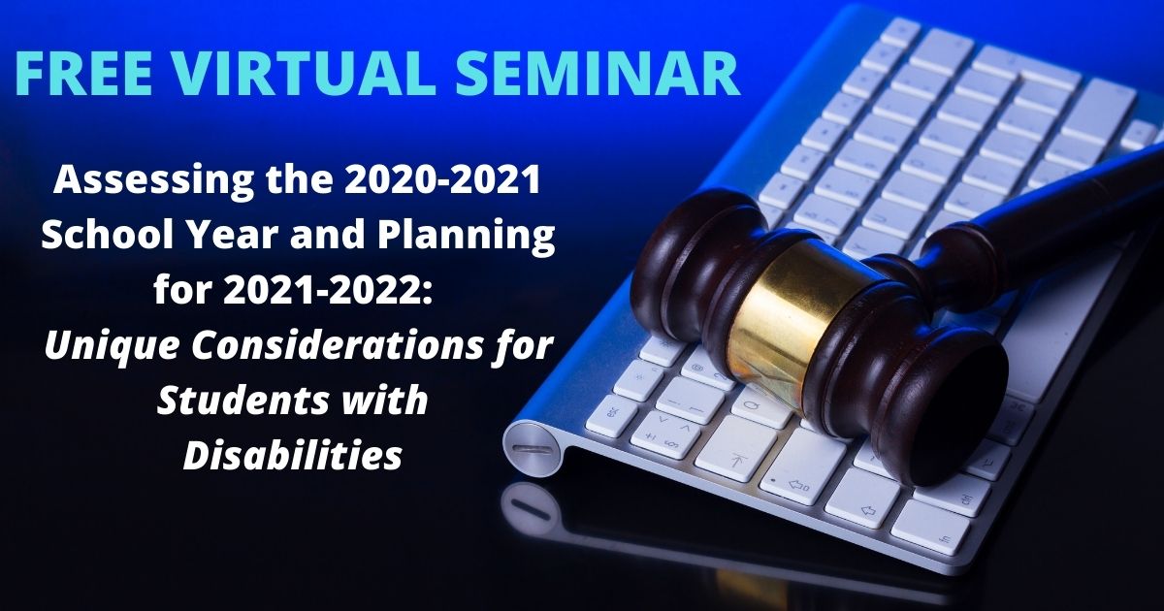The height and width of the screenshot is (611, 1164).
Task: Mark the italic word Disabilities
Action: coord(292,454)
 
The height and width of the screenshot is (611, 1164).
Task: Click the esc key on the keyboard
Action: coord(612,416)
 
